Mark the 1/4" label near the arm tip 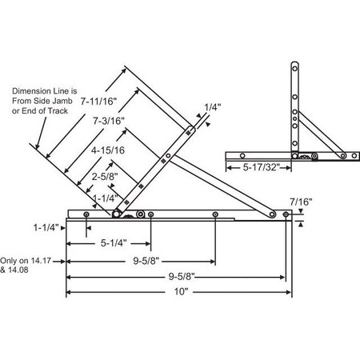coord(212,106)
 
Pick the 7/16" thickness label coord(299,202)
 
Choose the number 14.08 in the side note coord(22,270)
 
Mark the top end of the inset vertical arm coord(294,65)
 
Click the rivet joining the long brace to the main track coord(286,214)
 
